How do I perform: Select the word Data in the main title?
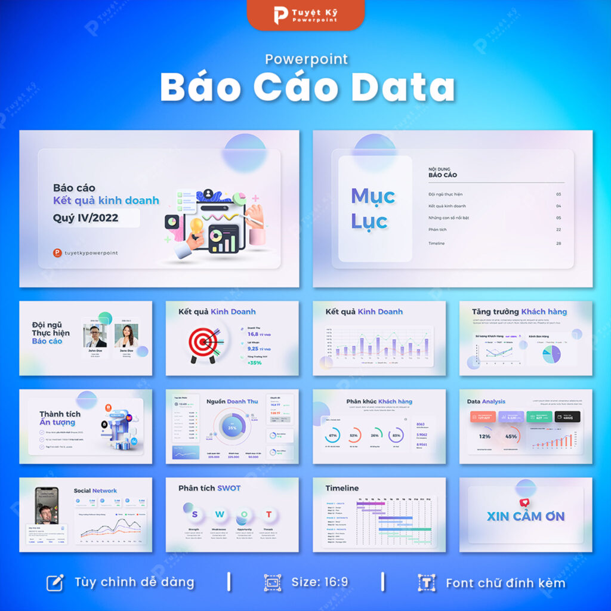(402, 88)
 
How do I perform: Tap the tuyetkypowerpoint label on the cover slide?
(91, 253)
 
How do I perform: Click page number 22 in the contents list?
(558, 229)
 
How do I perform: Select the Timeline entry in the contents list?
(436, 243)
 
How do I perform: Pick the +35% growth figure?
(255, 363)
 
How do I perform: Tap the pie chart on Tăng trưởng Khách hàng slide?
(551, 354)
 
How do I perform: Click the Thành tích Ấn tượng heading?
(59, 418)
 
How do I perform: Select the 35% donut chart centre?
(232, 428)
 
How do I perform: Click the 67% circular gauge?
(333, 435)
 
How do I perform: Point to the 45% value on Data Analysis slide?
(511, 437)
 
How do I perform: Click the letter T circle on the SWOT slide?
(269, 514)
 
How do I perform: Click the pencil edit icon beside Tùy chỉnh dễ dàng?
(55, 582)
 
